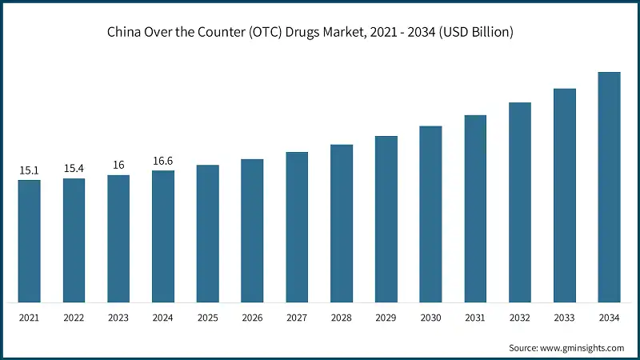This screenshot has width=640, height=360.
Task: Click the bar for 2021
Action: (30, 241)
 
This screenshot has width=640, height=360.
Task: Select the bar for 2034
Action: (610, 187)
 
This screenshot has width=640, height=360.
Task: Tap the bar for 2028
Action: (342, 223)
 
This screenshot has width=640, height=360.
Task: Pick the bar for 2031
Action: (475, 209)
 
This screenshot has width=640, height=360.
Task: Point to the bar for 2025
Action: (208, 234)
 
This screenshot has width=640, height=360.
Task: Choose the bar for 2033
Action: (565, 195)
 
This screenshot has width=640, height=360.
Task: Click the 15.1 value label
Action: (30, 170)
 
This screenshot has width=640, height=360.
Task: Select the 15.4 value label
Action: (74, 169)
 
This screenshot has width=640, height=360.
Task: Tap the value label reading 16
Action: (118, 166)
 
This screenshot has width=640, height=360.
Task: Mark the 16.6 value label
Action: (163, 161)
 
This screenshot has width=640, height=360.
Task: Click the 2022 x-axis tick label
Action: (74, 318)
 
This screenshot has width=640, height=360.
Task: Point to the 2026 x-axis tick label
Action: (253, 318)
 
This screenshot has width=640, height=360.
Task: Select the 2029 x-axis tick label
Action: (386, 318)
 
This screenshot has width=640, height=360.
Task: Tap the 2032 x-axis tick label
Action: (520, 318)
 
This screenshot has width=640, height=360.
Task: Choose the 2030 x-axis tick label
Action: (431, 318)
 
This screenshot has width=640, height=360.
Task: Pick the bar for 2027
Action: (297, 227)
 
